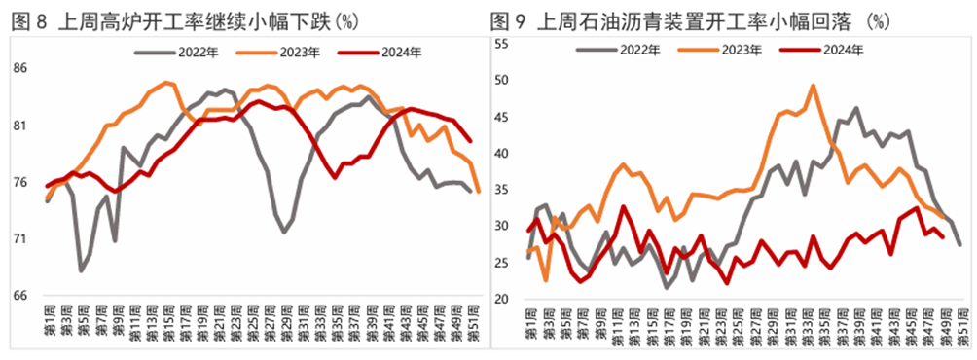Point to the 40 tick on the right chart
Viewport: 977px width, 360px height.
click(502, 154)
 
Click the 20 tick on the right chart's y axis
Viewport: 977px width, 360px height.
click(502, 299)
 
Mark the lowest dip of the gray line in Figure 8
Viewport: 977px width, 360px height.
click(82, 270)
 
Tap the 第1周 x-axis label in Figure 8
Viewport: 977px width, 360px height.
click(49, 324)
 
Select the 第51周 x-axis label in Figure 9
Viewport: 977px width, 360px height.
click(960, 324)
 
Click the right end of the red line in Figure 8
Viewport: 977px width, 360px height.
click(471, 141)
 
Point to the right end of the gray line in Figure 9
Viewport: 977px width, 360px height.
click(960, 244)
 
